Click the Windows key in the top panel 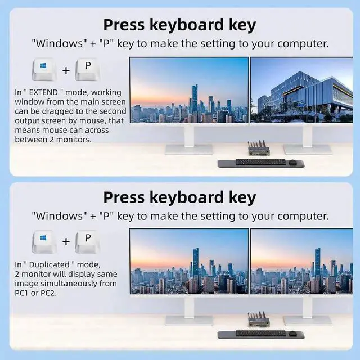click(x=44, y=69)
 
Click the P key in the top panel click(x=88, y=69)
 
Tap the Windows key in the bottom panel click(x=44, y=241)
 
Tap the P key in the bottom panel click(x=88, y=241)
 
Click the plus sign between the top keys click(x=66, y=70)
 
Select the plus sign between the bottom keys click(x=66, y=242)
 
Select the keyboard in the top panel click(x=260, y=162)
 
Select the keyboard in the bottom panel click(x=260, y=334)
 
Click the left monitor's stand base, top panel click(x=189, y=149)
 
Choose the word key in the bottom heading click(x=240, y=197)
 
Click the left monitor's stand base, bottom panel click(x=189, y=320)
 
